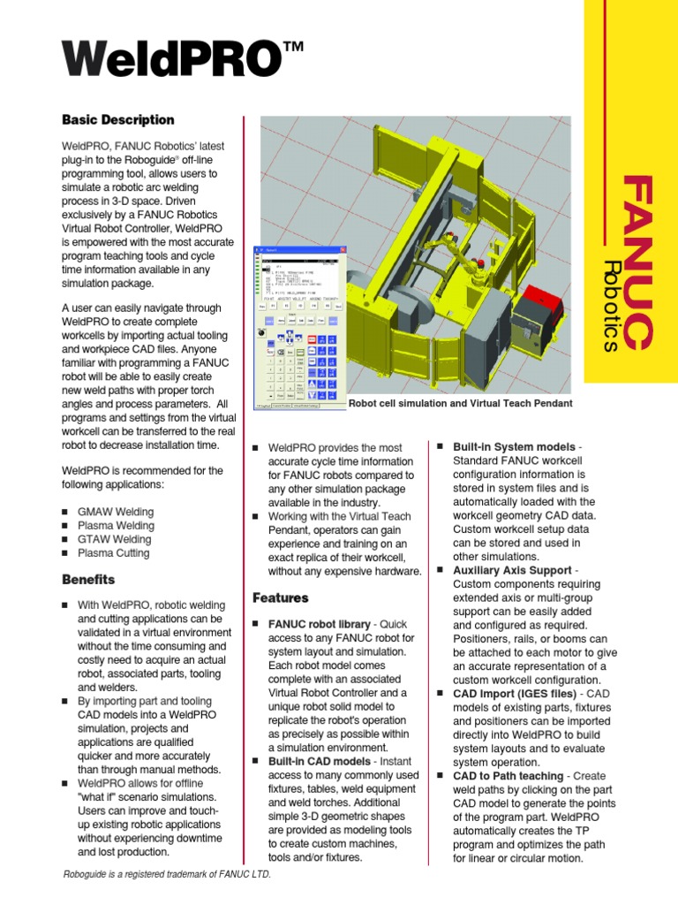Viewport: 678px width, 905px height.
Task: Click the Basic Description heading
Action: coord(117,120)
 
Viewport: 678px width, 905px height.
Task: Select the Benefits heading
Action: coord(88,580)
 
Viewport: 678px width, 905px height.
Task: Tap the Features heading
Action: coord(280,598)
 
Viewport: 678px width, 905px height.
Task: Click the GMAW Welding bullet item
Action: coord(116,512)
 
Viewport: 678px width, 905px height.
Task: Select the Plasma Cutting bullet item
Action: coord(114,553)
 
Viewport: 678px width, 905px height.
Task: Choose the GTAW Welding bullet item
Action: coord(115,539)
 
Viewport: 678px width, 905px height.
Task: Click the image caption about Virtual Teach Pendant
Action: coord(461,403)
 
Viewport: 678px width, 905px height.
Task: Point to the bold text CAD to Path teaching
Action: coord(508,775)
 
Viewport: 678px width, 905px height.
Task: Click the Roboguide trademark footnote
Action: coord(167,874)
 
